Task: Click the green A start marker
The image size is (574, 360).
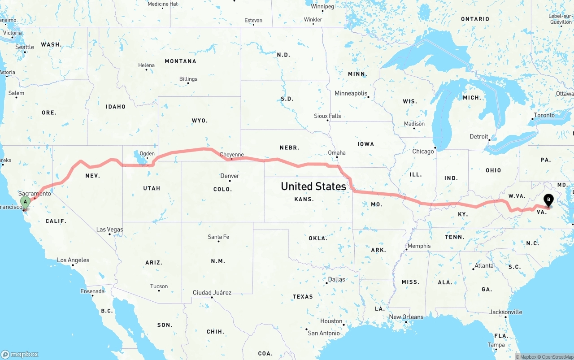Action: point(26,201)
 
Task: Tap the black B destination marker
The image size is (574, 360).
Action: point(548,200)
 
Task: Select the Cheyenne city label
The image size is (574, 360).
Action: point(232,155)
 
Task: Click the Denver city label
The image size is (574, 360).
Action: point(230,176)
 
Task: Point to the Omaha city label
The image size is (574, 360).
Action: point(337,152)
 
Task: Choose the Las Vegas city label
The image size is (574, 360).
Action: point(109,230)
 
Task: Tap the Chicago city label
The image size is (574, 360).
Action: point(423,152)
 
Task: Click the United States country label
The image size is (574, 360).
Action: point(313,186)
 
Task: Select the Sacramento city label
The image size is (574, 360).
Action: point(35,193)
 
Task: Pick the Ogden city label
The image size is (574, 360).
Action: point(147,153)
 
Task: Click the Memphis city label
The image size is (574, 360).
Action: point(419,246)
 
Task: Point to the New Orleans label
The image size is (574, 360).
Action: point(406,317)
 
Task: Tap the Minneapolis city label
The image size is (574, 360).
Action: point(351,93)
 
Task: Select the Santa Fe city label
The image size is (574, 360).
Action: point(218,237)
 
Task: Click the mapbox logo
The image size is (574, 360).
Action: point(20,354)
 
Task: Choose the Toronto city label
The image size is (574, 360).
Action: point(544,115)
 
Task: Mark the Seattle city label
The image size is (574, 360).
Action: point(25,47)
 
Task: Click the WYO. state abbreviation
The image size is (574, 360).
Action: point(200,121)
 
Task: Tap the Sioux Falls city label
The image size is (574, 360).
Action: point(327,116)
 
